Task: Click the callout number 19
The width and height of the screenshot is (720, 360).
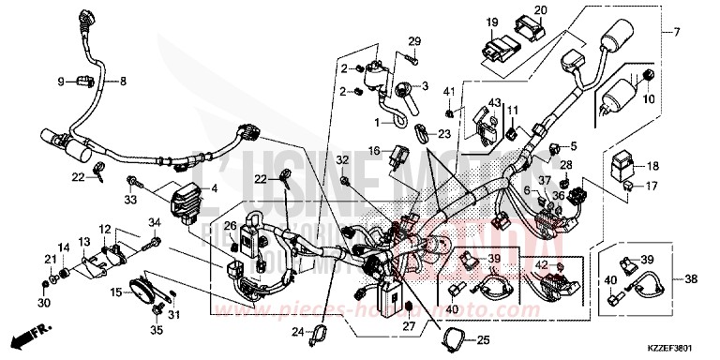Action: [490, 22]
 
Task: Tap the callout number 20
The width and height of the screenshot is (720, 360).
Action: [540, 10]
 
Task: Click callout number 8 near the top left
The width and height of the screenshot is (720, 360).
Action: [122, 82]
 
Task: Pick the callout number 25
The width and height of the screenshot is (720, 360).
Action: [484, 339]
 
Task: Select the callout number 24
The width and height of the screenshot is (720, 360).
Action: [296, 332]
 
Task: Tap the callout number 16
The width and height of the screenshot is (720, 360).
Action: [373, 150]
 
